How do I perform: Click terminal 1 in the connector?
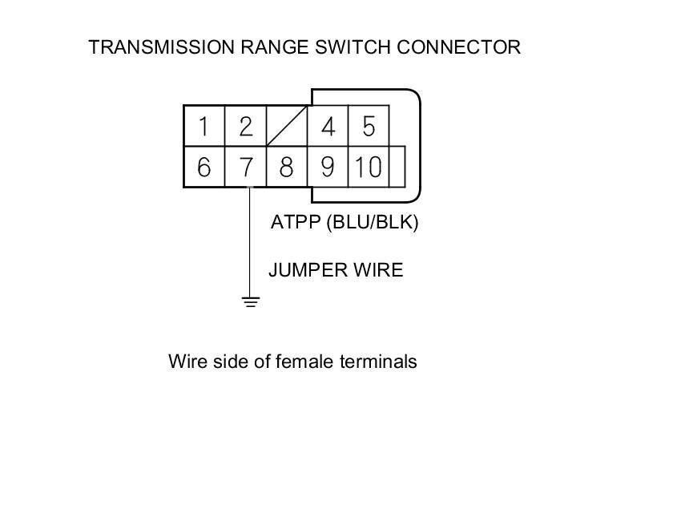[204, 127]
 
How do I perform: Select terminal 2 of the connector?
[245, 127]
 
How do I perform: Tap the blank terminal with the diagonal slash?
[287, 127]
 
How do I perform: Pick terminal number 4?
[328, 127]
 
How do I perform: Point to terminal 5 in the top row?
[369, 127]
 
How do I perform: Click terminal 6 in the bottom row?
[204, 168]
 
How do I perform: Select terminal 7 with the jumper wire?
[245, 168]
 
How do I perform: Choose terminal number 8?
[286, 168]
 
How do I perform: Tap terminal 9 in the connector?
[328, 168]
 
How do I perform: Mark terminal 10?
[369, 168]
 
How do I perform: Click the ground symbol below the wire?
[251, 302]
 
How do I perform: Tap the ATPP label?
[296, 223]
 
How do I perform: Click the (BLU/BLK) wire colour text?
[373, 223]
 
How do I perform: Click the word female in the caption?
[303, 362]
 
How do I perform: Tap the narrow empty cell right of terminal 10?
[397, 168]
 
